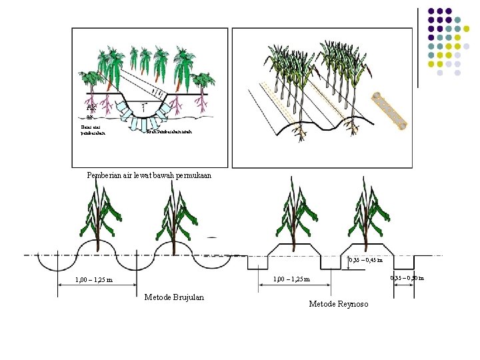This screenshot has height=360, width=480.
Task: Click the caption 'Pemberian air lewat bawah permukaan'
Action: click(x=149, y=175)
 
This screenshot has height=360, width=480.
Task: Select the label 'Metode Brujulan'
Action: click(x=174, y=297)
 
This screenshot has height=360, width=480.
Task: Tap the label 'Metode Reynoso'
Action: click(x=338, y=304)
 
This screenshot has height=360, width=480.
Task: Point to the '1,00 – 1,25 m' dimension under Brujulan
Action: click(x=94, y=280)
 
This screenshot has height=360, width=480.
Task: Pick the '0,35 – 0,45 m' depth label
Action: click(x=366, y=261)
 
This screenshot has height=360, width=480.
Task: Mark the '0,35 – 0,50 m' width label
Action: click(x=409, y=277)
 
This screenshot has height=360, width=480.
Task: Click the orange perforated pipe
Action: click(x=390, y=111)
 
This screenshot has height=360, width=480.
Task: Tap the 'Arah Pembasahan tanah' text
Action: click(x=169, y=131)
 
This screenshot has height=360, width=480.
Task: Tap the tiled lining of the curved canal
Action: click(x=143, y=123)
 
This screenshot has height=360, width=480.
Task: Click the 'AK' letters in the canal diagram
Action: click(x=91, y=105)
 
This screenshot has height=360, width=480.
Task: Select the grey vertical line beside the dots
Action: click(x=417, y=47)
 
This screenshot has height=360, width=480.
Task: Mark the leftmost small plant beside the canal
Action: click(x=89, y=81)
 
